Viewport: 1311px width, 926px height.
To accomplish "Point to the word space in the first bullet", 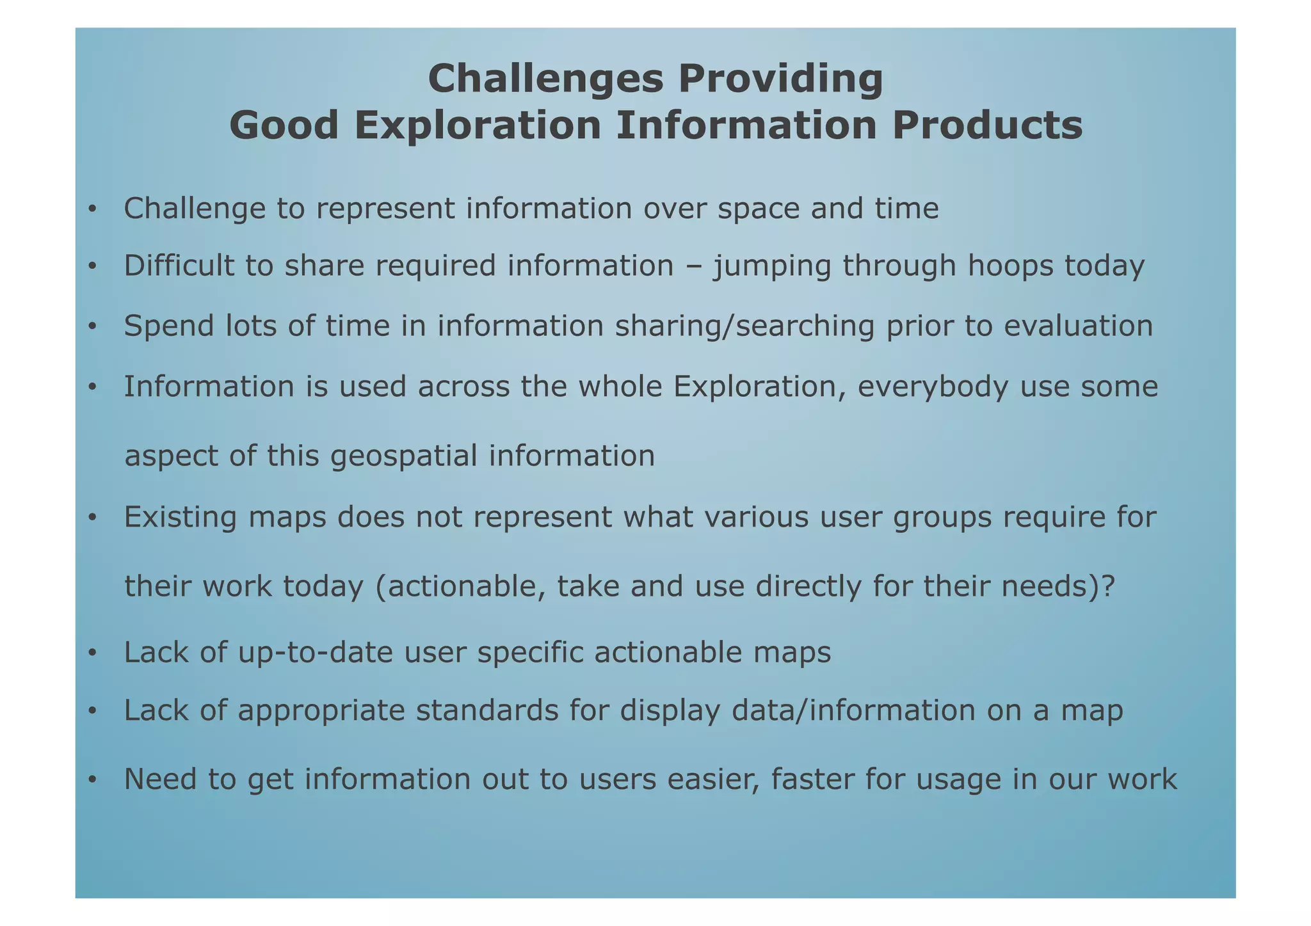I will (759, 209).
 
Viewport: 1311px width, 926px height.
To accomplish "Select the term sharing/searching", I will (744, 326).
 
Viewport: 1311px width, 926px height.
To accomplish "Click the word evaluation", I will (1078, 326).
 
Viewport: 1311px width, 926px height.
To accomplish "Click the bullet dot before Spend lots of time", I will (92, 327).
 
